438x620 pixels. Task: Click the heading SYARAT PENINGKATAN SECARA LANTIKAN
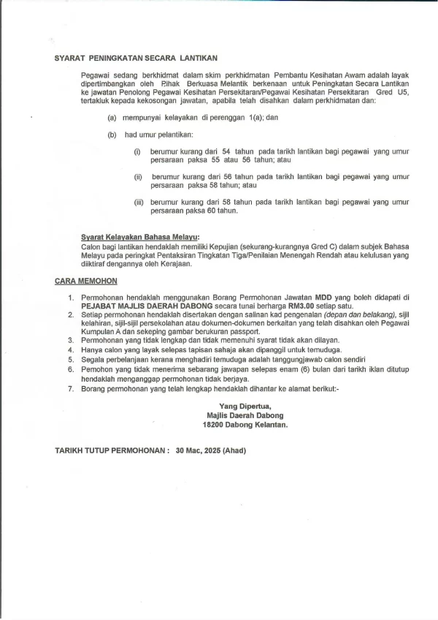(137, 57)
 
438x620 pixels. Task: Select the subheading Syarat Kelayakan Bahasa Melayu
(139, 237)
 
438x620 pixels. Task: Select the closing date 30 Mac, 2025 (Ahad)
(211, 450)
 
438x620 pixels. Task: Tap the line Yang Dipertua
(245, 406)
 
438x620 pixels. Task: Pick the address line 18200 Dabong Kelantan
(245, 424)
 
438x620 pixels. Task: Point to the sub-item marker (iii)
(139, 202)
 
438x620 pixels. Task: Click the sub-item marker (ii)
(138, 177)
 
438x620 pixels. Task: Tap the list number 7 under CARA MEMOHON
(72, 389)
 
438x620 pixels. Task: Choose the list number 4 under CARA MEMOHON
(72, 350)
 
